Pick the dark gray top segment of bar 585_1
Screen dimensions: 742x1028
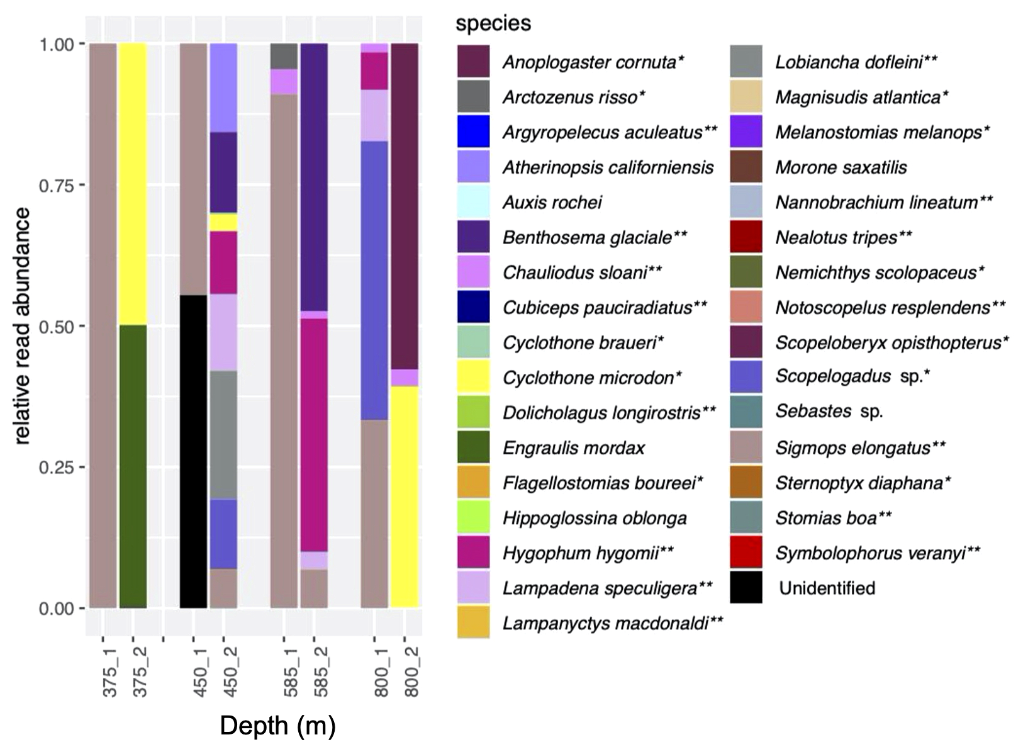click(x=284, y=56)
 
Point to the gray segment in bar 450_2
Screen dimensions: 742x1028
click(x=223, y=434)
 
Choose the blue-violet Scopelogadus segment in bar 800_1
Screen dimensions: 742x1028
click(x=374, y=280)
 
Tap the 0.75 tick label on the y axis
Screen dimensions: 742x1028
click(x=58, y=186)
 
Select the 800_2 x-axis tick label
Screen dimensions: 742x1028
click(x=413, y=674)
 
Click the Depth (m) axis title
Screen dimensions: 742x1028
click(x=277, y=726)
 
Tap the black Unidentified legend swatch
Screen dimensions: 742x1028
click(x=746, y=588)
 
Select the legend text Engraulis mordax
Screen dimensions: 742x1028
click(x=574, y=448)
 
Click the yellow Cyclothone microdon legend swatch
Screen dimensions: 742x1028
click(x=473, y=378)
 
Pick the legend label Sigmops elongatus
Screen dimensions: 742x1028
click(x=860, y=448)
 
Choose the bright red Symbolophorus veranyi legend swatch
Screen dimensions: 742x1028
click(x=746, y=553)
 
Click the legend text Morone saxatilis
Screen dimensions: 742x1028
click(x=841, y=167)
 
